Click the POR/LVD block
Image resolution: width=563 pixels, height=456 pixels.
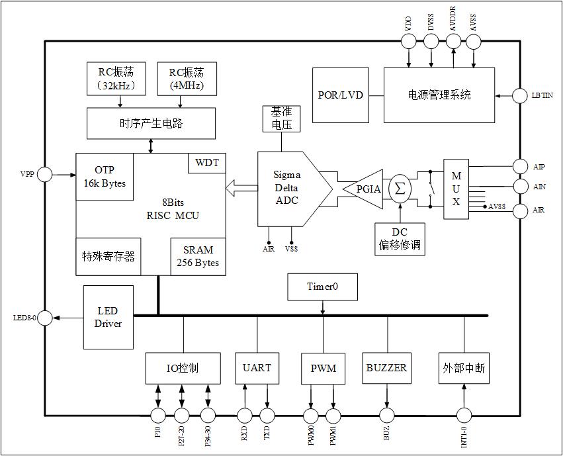tap(340, 95)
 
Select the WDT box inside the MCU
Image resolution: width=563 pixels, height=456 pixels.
tap(207, 163)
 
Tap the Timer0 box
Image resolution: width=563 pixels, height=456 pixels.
tap(322, 287)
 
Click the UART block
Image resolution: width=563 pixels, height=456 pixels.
tap(257, 368)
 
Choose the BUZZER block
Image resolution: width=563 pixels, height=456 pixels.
tap(386, 368)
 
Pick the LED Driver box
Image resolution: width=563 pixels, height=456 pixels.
tap(108, 317)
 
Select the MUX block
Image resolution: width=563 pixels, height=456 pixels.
tap(456, 189)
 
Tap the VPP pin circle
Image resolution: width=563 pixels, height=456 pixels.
tap(45, 175)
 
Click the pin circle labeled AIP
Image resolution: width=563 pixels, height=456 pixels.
tap(522, 166)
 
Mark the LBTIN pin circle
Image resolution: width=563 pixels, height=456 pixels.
tap(522, 95)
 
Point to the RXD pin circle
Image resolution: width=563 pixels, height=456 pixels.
tap(245, 416)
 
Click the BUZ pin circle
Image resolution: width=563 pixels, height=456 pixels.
tap(386, 416)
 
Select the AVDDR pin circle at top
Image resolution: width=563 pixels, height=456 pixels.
tap(453, 41)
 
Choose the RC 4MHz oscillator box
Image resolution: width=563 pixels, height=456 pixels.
tap(186, 78)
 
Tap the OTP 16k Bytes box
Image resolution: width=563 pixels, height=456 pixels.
tap(105, 176)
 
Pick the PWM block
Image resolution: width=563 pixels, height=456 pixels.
tap(323, 368)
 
